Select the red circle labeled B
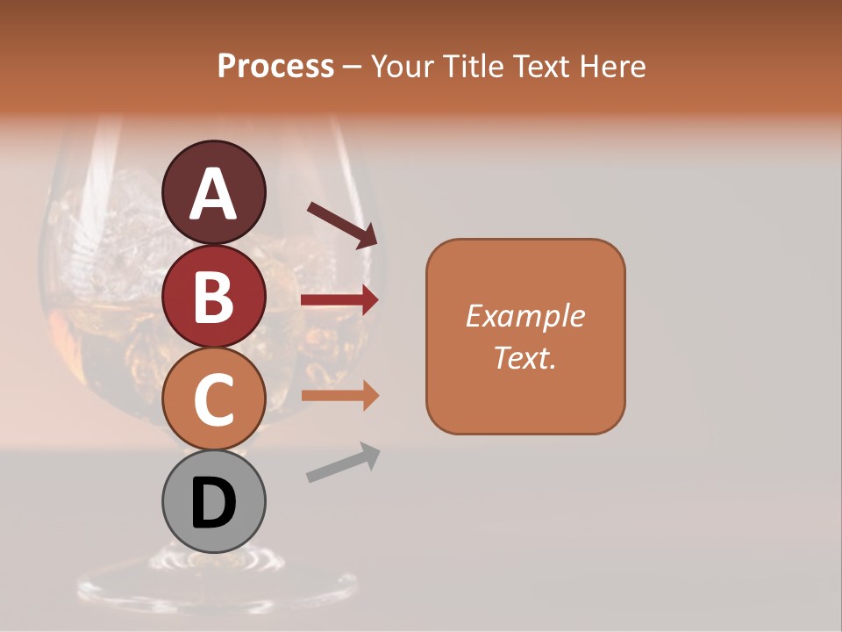pos(213,296)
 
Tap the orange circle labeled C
pos(213,399)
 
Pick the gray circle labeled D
pos(213,501)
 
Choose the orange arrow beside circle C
pos(339,396)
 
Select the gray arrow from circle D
pos(343,462)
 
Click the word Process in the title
pos(275,66)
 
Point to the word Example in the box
pos(525,316)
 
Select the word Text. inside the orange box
pos(525,357)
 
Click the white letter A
pos(213,193)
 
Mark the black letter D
pos(213,504)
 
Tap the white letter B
pos(213,297)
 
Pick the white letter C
pos(213,400)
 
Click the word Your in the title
pos(402,66)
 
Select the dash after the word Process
pos(352,67)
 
